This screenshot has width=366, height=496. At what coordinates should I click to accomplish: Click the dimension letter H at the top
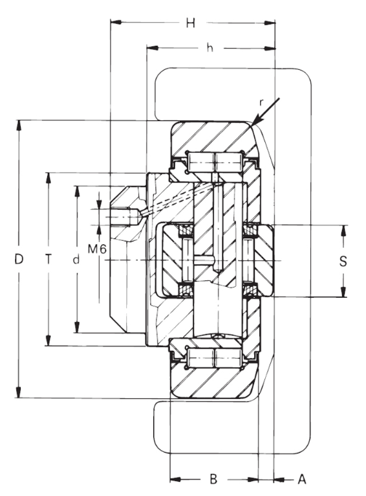[190, 23]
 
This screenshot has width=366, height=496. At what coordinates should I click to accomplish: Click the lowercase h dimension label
[210, 48]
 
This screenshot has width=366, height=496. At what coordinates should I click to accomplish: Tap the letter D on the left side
[19, 260]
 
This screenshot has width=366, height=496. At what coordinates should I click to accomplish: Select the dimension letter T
[48, 260]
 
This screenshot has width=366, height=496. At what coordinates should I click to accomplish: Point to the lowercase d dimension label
[76, 260]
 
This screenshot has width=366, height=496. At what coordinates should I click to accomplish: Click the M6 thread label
[97, 249]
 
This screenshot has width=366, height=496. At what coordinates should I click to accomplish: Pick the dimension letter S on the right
[343, 262]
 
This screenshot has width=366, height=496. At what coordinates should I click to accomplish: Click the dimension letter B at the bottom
[213, 479]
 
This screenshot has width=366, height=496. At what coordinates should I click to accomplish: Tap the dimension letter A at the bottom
[302, 479]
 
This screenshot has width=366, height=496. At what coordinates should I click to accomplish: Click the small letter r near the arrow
[261, 102]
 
